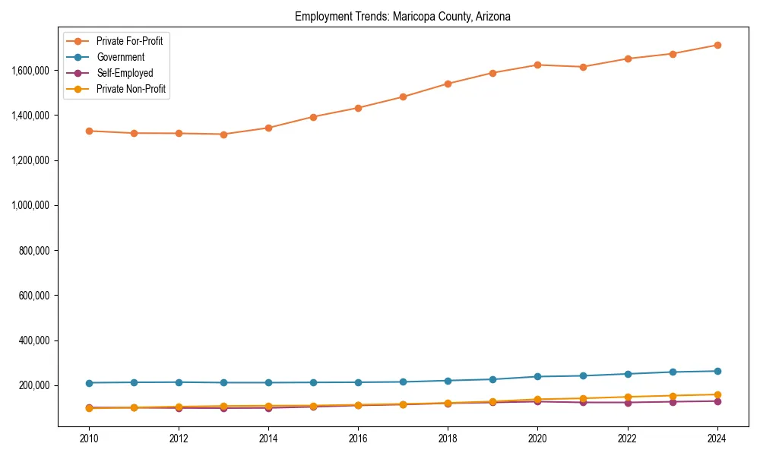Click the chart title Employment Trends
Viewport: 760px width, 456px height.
(403, 16)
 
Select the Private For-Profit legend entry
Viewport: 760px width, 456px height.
(129, 41)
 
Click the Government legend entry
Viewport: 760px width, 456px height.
(120, 57)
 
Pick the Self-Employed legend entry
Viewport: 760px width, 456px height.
(125, 73)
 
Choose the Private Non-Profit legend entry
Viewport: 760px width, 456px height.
(131, 89)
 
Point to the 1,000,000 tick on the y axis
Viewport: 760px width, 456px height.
(30, 205)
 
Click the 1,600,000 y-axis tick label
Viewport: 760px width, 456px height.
(30, 70)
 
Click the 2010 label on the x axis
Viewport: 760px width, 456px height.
(89, 439)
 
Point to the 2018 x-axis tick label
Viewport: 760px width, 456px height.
(448, 439)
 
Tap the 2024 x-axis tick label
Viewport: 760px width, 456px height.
(717, 439)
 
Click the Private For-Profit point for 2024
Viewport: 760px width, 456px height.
(717, 45)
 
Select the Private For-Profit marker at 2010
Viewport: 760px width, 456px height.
(89, 131)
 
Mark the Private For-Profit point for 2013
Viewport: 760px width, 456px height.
(223, 135)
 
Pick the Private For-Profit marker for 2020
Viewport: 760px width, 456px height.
(537, 65)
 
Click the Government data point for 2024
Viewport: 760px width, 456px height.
(717, 371)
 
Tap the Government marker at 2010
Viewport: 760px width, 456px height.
(89, 383)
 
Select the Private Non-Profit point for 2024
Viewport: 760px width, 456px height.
(717, 394)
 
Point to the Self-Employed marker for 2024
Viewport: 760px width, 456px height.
(717, 401)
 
